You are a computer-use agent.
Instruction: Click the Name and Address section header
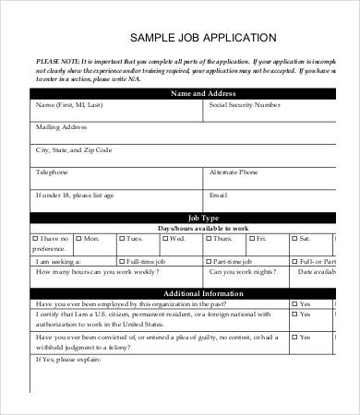pos(202,94)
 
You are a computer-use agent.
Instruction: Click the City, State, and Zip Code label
pos(73,149)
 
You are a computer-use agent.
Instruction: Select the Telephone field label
pos(52,172)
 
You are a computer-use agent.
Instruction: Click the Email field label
pos(219,196)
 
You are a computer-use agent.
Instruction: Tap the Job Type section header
pos(202,217)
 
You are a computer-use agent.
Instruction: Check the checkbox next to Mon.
pos(78,238)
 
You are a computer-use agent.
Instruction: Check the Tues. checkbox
pos(120,238)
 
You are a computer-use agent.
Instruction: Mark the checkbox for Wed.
pos(164,238)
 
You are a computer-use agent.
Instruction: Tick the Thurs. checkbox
pos(207,238)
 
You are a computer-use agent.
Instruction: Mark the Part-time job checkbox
pos(207,261)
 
